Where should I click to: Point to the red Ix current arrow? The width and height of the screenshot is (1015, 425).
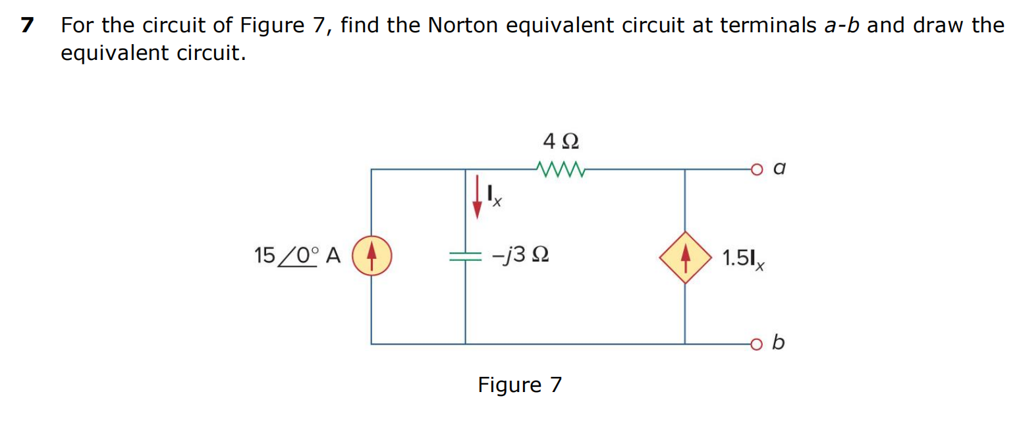pos(476,196)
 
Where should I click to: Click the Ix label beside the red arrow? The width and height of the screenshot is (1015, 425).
pos(494,196)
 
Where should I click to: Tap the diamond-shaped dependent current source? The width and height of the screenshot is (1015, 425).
pos(685,258)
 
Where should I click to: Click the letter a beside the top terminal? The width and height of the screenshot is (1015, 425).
pos(779,169)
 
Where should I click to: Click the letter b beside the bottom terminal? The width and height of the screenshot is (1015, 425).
pos(779,343)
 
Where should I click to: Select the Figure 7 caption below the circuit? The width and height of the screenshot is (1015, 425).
pos(520,384)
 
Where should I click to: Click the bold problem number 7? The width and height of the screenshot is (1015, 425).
pos(26,26)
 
